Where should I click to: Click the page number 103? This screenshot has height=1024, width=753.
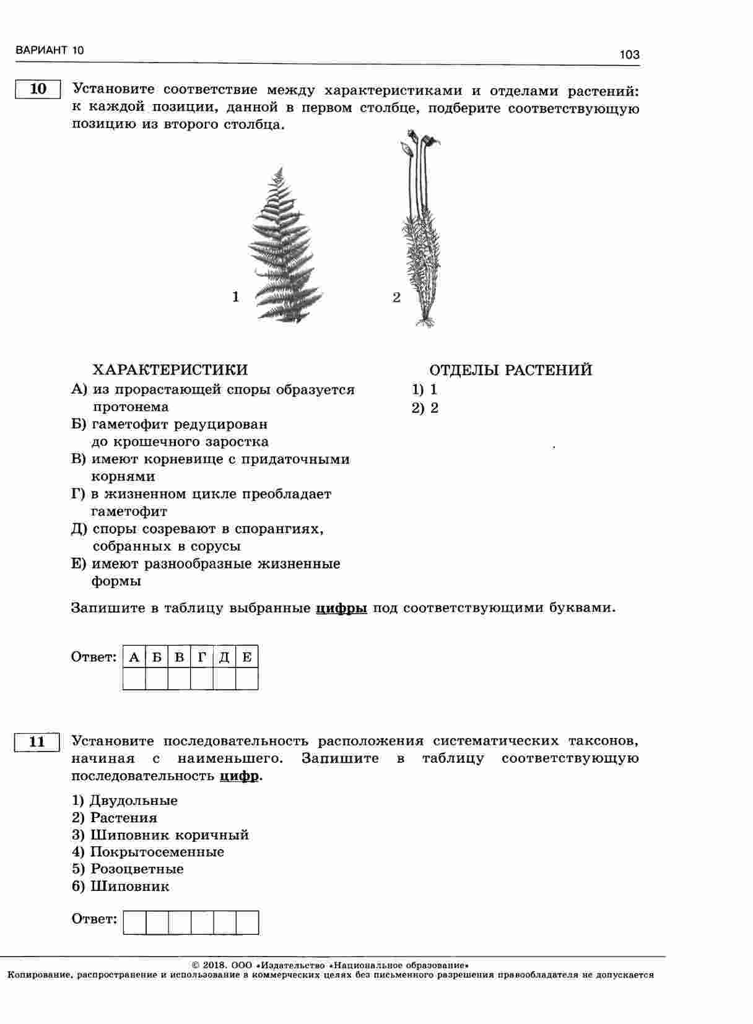(629, 55)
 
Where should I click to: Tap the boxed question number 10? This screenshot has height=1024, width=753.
(38, 89)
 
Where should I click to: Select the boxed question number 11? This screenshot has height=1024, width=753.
(37, 742)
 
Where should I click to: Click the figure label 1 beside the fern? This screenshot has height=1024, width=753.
(235, 298)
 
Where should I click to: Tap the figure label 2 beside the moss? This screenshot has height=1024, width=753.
(396, 298)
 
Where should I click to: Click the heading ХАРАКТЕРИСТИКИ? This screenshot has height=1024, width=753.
(170, 370)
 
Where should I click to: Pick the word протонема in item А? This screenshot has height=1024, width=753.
(131, 407)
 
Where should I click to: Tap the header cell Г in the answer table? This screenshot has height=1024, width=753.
(202, 657)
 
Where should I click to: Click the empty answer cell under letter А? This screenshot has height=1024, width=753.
(134, 679)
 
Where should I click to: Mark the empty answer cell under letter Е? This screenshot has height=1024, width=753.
(247, 679)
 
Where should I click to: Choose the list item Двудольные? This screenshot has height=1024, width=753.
(133, 801)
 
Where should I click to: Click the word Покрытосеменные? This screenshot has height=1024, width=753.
(157, 852)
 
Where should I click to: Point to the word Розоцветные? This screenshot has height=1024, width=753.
(137, 869)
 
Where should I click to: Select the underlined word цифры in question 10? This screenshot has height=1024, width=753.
(341, 608)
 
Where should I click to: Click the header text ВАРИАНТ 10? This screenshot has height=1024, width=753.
(50, 51)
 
